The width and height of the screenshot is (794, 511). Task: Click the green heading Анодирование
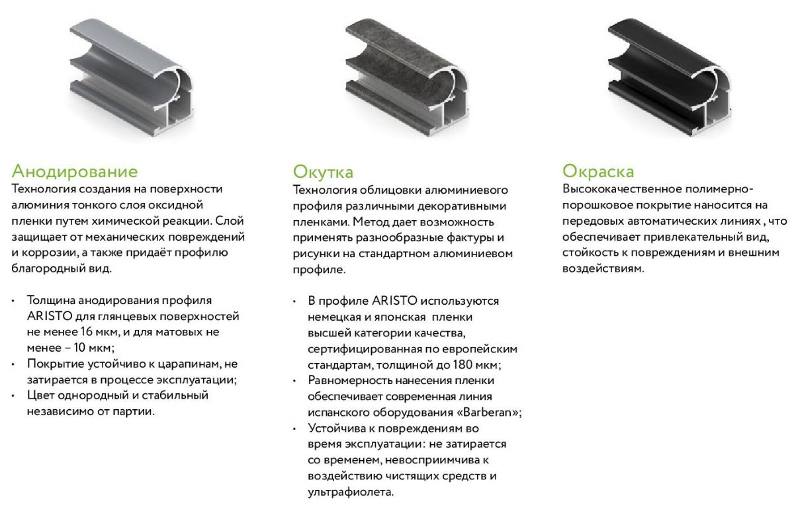coord(74,171)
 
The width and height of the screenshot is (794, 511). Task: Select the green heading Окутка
coord(323,172)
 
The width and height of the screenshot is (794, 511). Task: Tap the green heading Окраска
coord(598,171)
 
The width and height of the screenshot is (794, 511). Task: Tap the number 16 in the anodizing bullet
coord(86,331)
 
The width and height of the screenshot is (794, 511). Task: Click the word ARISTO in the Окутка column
coord(394,301)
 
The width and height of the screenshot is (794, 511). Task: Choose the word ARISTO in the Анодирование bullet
coord(50,316)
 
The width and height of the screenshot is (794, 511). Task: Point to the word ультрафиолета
coord(351,492)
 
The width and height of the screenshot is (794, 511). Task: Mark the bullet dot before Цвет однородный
coord(13,396)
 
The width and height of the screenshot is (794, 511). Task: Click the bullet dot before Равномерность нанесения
coord(294,381)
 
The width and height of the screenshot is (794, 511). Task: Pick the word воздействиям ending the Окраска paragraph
coord(603,268)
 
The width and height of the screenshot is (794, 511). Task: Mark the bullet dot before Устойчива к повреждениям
coord(294,430)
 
